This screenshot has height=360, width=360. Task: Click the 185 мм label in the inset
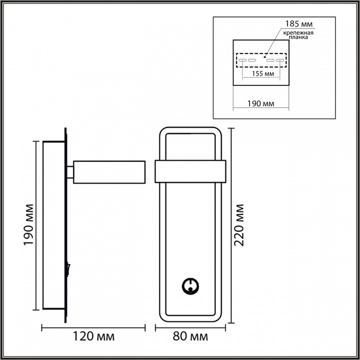(296, 23)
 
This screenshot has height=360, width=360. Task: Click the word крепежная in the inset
(298, 33)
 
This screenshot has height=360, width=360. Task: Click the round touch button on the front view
(190, 286)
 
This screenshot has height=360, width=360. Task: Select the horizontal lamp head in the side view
(109, 171)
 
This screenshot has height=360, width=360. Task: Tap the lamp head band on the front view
(190, 171)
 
